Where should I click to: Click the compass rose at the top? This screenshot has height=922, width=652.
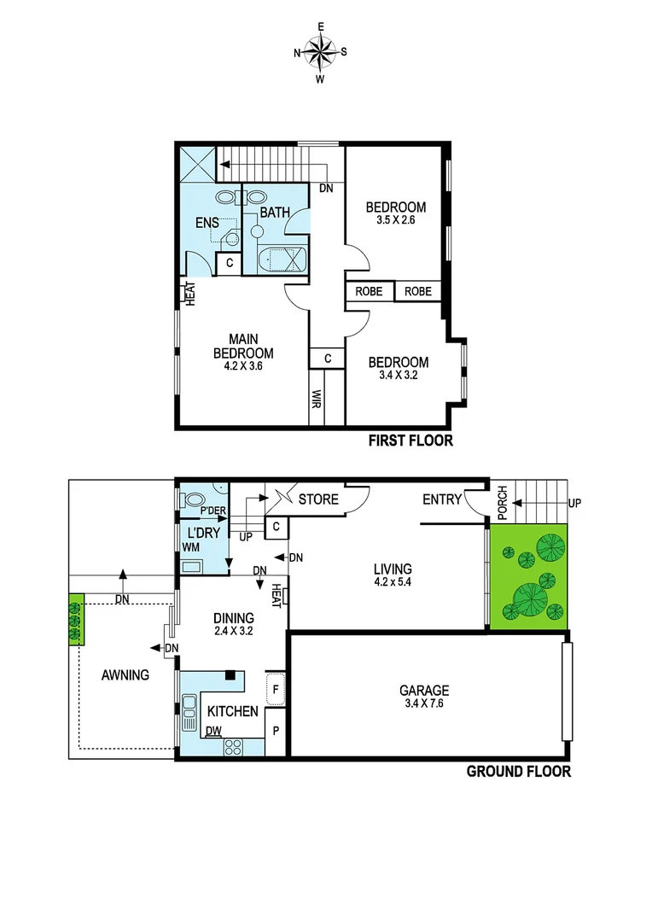pos(320,53)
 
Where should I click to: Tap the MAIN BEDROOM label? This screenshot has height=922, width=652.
pos(243,347)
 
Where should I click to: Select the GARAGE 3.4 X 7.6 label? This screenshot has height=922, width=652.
pos(425,697)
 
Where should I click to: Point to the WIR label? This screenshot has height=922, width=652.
pos(317,400)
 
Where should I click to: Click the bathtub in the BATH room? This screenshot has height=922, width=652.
pos(281,259)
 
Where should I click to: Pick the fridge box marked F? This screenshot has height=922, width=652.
pos(277,687)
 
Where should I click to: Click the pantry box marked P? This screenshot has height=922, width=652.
pos(277,731)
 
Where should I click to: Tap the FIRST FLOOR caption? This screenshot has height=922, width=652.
pos(410,441)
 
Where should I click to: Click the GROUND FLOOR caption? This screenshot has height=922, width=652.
pos(518,772)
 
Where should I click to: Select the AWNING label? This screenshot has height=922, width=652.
pos(125,674)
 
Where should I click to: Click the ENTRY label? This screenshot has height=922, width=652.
pos(442,499)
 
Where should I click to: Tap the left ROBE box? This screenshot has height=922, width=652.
pos(369,292)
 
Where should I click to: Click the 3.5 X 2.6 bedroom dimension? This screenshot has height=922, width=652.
pos(396,221)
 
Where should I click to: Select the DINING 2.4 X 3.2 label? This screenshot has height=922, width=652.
pos(233,625)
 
